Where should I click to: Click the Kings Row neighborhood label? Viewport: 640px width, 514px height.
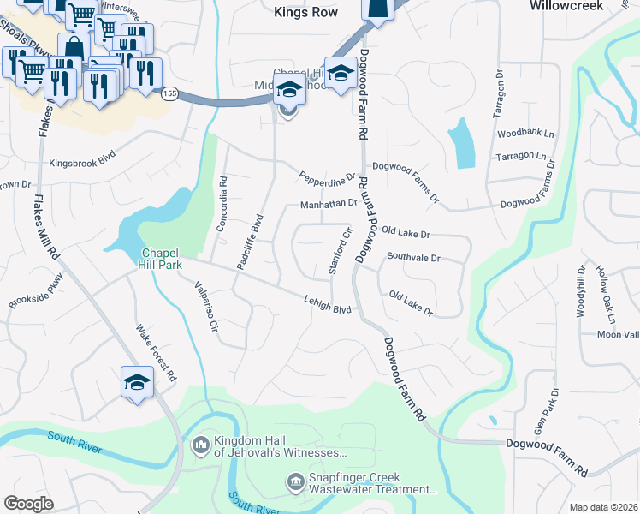coord(305,12)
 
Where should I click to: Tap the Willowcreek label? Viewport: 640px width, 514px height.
coord(590,6)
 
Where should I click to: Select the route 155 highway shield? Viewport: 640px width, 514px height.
coord(171,94)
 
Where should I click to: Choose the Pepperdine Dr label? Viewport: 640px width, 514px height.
coord(327,176)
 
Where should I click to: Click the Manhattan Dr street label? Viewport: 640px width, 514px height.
coord(328,205)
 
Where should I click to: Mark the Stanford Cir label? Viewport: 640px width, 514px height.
coord(340,251)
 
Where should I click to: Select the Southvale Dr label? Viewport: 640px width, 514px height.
coord(412,257)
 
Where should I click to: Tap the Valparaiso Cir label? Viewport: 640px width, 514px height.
coord(206,303)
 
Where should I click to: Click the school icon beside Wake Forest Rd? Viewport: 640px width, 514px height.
coord(137,382)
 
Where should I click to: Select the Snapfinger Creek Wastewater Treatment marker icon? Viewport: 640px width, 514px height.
coord(295,482)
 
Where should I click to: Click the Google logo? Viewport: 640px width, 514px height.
coord(28,504)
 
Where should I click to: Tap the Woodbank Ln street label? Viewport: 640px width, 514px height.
coord(525,134)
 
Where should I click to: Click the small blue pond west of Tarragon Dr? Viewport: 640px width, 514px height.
coord(462,142)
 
